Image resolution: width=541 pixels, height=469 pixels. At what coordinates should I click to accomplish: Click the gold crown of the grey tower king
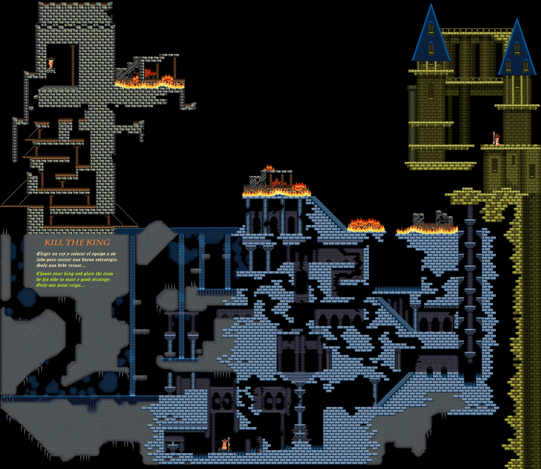51,60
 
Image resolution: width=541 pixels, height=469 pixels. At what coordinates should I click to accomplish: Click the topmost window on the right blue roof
517,48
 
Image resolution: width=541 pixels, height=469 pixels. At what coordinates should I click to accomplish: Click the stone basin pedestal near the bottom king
173,445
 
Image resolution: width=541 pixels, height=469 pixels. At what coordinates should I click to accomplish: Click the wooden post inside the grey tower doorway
73,65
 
